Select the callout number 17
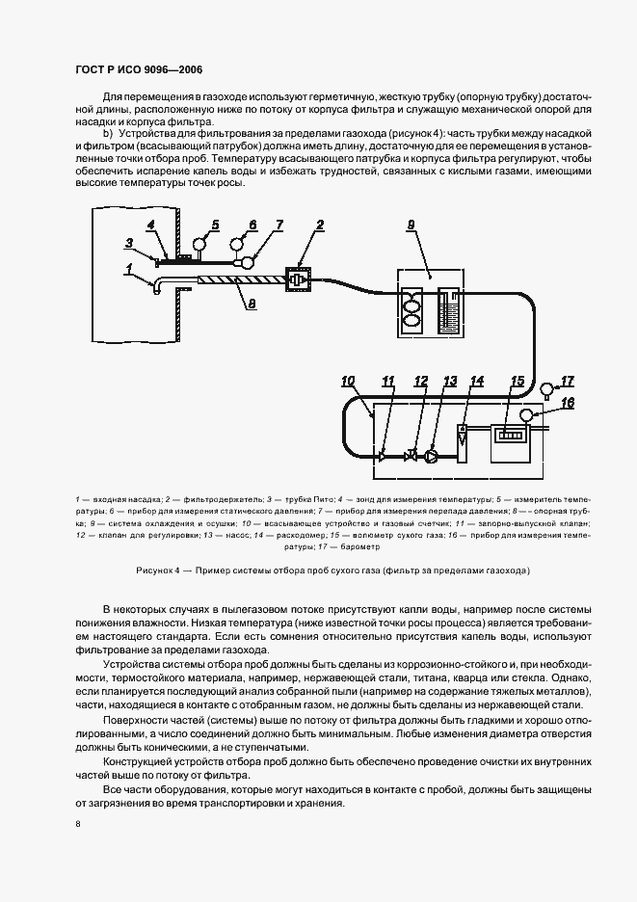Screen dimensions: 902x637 coord(567,381)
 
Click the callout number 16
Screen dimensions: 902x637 coord(568,402)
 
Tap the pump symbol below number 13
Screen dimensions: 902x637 coord(432,456)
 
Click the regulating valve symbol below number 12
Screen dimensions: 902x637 coord(412,456)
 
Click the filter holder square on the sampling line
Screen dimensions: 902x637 coord(298,280)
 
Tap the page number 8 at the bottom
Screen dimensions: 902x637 coord(77,824)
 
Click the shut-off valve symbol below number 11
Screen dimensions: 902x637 coord(383,456)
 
